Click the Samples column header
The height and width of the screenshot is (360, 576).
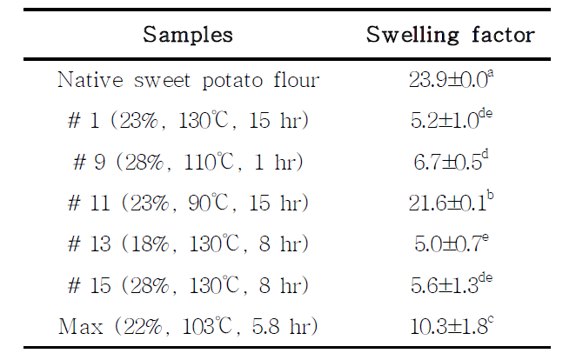pyautogui.click(x=188, y=35)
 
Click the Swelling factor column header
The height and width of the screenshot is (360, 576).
pyautogui.click(x=451, y=36)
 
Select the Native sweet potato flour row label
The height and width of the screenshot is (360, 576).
pyautogui.click(x=189, y=80)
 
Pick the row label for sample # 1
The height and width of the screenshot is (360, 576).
pyautogui.click(x=188, y=121)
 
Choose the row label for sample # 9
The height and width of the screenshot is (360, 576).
pyautogui.click(x=188, y=162)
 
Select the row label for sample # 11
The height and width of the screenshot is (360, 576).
pyautogui.click(x=188, y=203)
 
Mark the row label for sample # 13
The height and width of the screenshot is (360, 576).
pyautogui.click(x=188, y=244)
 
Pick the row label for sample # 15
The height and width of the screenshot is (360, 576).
pyautogui.click(x=188, y=285)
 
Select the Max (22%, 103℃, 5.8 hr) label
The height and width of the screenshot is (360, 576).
pyautogui.click(x=188, y=326)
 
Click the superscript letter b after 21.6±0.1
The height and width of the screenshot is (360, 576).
pyautogui.click(x=490, y=196)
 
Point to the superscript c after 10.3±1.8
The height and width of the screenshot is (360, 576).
pyautogui.click(x=491, y=320)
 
